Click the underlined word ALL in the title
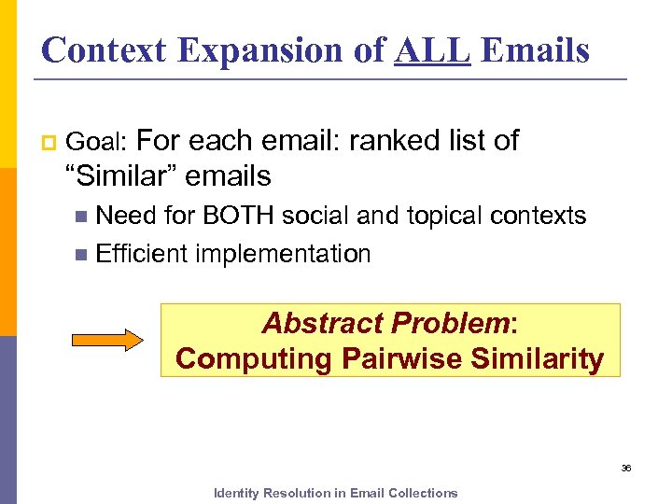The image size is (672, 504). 431,49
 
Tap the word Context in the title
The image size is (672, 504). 105,49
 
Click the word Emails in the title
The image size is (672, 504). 537,49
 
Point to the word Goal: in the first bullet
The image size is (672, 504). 101,142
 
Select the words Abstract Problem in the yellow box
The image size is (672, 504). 385,323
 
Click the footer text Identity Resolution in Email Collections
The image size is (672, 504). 336,493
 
